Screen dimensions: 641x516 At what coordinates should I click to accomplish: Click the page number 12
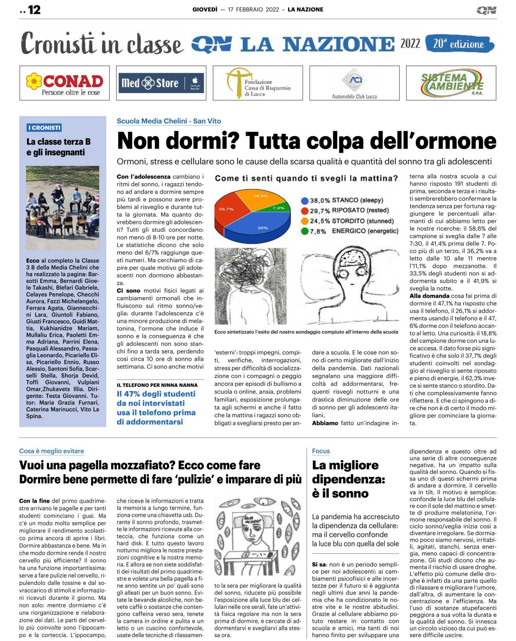coord(34,10)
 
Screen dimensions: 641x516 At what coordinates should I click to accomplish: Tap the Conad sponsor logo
coord(65,83)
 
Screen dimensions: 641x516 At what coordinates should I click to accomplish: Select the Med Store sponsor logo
coord(161,83)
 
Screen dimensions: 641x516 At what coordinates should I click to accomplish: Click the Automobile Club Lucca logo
coord(354,83)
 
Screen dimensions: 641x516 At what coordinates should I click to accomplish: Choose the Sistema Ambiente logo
coord(451,83)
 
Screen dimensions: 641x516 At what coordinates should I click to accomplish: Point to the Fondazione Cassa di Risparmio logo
coord(258,83)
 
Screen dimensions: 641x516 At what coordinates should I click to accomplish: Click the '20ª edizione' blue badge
coord(459,44)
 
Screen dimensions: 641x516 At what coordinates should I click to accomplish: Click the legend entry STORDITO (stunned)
coord(363,221)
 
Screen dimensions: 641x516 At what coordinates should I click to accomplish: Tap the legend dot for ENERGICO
coord(305,231)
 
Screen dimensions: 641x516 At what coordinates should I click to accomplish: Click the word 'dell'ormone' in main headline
coord(433,141)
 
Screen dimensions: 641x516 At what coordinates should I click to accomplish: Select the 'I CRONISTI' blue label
coord(44,128)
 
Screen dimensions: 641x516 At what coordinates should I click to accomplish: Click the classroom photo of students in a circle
coord(63,208)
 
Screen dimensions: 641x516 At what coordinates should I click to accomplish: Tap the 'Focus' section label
coord(321,451)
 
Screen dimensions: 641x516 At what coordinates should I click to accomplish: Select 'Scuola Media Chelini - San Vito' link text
coord(169,121)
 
